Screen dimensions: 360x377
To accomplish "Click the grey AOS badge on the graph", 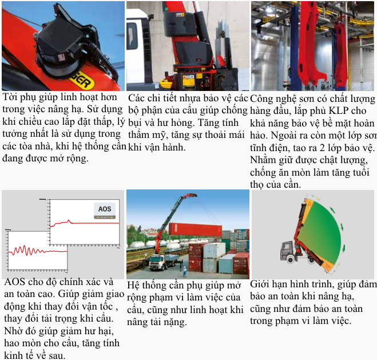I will click(105, 209).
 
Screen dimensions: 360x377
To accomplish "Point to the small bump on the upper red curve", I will click(69, 221).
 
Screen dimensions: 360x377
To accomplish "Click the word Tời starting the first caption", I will click(10, 97).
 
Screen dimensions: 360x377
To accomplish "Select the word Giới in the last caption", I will click(261, 284).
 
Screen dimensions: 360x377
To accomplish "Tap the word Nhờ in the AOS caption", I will click(14, 331).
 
